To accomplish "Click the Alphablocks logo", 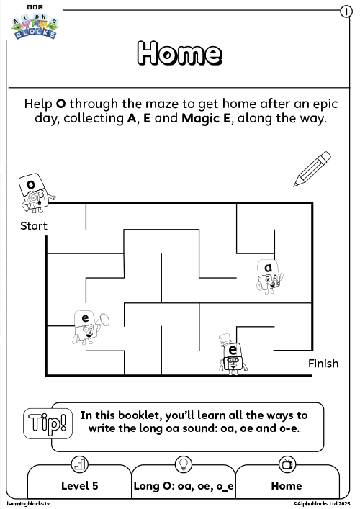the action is coord(35,23).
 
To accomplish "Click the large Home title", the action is coord(180,53).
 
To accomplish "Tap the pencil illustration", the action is coord(312,168).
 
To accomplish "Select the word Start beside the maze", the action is coord(34,226).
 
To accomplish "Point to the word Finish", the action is coord(323,364).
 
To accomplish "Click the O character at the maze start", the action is coord(35,193).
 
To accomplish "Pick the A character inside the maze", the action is coord(269,276).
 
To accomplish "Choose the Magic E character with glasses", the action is coord(233,354).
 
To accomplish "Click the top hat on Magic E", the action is coord(225,341).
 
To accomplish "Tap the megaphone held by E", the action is coord(103,320).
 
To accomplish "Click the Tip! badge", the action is coord(48,423).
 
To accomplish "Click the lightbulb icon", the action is coord(184,464).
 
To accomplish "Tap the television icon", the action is coord(287,464).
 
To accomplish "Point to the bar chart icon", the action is coord(79,464).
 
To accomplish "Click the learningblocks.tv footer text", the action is coord(28,504).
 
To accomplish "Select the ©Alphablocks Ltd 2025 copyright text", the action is coord(322,504).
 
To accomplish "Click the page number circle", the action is coord(346,12).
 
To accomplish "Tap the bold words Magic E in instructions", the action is coord(206,118).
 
